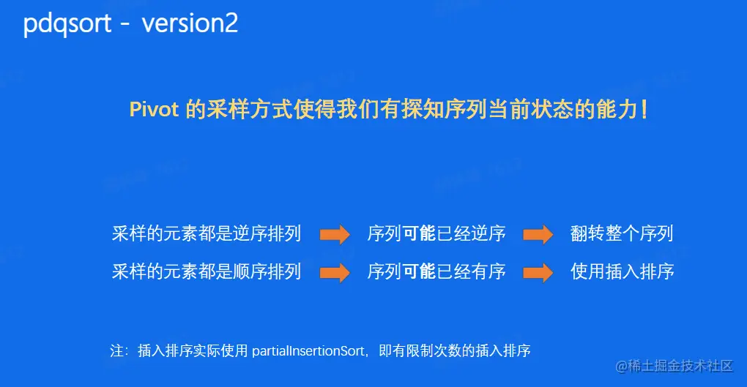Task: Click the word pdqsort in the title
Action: click(x=67, y=23)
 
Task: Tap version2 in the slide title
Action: click(x=190, y=23)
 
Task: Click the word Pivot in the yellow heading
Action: click(x=154, y=110)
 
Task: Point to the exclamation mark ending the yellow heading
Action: click(x=644, y=110)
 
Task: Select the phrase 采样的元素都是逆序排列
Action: click(x=207, y=233)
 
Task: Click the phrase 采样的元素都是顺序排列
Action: click(x=207, y=271)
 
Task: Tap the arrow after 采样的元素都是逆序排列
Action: click(x=335, y=234)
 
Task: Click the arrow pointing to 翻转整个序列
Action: click(x=538, y=234)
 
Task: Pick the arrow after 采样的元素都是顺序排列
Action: click(x=335, y=272)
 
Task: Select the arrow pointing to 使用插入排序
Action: click(x=538, y=272)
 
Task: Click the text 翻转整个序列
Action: click(x=622, y=233)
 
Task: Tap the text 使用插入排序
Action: click(x=622, y=271)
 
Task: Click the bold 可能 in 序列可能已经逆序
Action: click(x=419, y=233)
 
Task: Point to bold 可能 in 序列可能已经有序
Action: click(x=419, y=271)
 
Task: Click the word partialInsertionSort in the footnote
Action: click(x=308, y=351)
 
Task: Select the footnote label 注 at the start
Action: click(x=116, y=351)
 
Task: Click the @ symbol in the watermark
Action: click(x=621, y=366)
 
